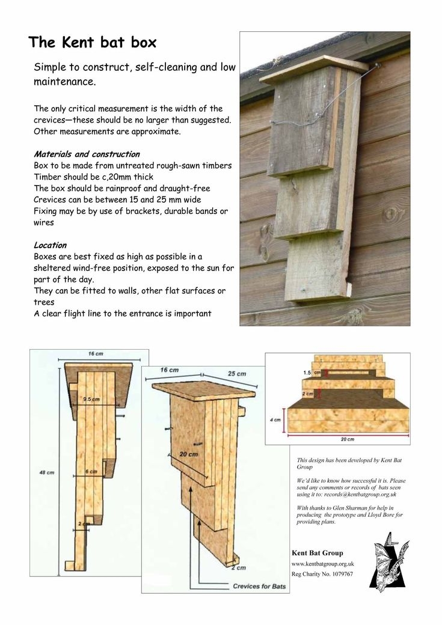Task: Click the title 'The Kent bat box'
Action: coord(92,43)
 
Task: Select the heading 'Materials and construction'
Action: coord(87,154)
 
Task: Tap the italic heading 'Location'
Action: coord(50,245)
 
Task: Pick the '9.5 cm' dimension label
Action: coord(91,399)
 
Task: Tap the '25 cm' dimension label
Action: coord(236,374)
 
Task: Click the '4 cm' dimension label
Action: coord(277,420)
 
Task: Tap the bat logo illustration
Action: coord(388,562)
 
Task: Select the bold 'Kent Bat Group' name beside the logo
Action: coord(317,553)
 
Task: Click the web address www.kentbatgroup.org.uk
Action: coord(322,564)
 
